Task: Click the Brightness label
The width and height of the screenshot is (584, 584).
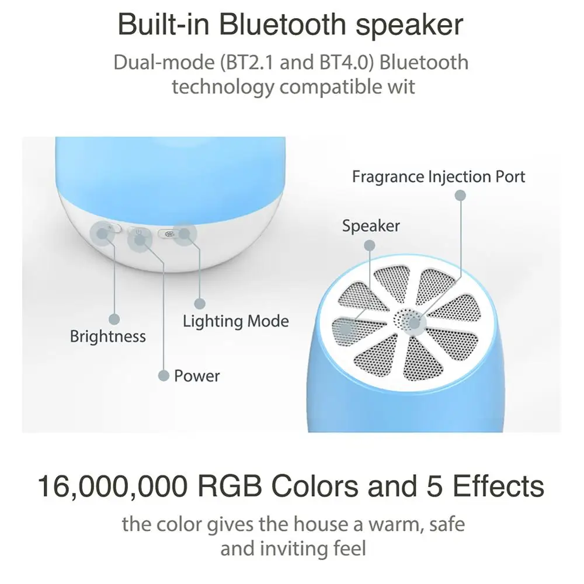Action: pyautogui.click(x=107, y=336)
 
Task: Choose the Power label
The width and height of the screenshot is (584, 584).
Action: pyautogui.click(x=197, y=376)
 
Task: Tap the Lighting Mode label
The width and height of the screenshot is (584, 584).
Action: pyautogui.click(x=235, y=321)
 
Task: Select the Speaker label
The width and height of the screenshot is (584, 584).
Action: pyautogui.click(x=371, y=226)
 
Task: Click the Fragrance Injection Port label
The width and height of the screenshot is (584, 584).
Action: pyautogui.click(x=439, y=176)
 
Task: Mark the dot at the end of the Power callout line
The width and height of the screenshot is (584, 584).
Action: pyautogui.click(x=164, y=376)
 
